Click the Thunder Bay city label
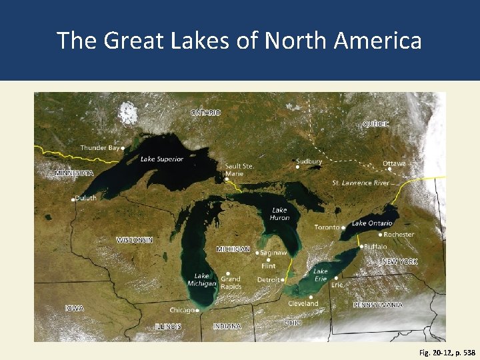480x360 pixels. (x=100, y=147)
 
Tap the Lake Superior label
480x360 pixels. (x=162, y=159)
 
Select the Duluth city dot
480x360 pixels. (x=73, y=199)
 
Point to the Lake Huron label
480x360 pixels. (x=279, y=213)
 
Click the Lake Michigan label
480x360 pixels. (x=201, y=280)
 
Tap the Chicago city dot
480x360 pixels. (x=198, y=310)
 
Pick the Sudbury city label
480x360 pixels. (x=309, y=161)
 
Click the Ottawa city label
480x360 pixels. (x=393, y=163)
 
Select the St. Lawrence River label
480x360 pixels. (x=361, y=183)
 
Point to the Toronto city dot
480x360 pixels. (x=343, y=228)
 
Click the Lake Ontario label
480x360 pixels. (x=372, y=223)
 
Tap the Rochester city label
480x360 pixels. (x=399, y=235)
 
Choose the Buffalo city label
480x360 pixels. (x=375, y=246)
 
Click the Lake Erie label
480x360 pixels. (x=321, y=275)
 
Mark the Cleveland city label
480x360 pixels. (x=303, y=303)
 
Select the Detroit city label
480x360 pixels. (x=268, y=280)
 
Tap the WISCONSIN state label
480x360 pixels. (x=135, y=240)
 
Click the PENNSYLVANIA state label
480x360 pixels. (x=377, y=305)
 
